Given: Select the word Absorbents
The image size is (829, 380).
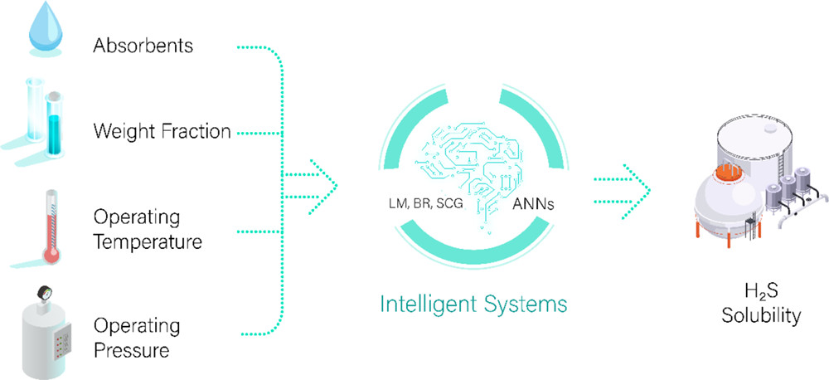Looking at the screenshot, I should pyautogui.click(x=143, y=46).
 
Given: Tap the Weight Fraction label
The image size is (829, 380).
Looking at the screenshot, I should pyautogui.click(x=162, y=131).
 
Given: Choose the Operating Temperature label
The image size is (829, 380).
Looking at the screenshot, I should pyautogui.click(x=148, y=231).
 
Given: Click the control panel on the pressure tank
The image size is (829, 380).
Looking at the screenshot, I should pyautogui.click(x=59, y=341).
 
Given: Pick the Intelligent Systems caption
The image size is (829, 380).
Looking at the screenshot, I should pyautogui.click(x=473, y=304).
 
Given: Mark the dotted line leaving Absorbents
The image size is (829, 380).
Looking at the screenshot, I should pyautogui.click(x=257, y=47).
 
